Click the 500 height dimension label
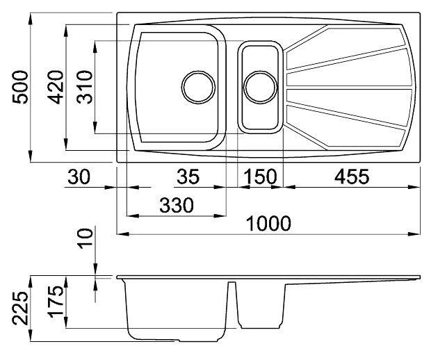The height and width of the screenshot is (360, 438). [x=20, y=87]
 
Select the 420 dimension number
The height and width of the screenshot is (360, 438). [x=56, y=87]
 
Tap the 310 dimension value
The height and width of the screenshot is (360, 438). [x=84, y=87]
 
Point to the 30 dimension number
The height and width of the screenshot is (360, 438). [x=79, y=177]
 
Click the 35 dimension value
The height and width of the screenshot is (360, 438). [x=188, y=177]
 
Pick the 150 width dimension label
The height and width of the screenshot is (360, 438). [x=260, y=177]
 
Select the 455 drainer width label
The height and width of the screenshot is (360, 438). [x=352, y=177]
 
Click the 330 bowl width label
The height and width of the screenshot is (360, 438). [x=177, y=205]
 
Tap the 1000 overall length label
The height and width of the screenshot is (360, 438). [x=269, y=223]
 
